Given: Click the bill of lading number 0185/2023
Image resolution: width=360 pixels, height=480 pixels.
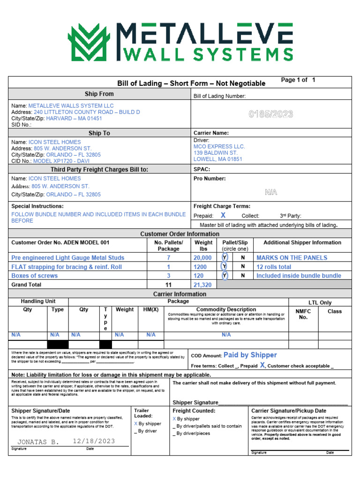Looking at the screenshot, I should click(x=271, y=114).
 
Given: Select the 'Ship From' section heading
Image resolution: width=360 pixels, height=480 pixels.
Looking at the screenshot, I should click(x=99, y=94).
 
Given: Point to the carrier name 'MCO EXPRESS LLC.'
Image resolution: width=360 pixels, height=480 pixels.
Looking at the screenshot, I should click(x=219, y=146).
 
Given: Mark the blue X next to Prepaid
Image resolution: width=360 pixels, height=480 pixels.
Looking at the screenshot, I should click(x=223, y=216).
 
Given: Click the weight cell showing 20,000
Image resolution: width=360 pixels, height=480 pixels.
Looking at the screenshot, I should click(x=202, y=258).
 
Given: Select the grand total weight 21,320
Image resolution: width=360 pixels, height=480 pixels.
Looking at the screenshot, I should click(x=202, y=285).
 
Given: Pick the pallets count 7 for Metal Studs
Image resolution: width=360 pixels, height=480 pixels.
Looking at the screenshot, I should click(x=168, y=258).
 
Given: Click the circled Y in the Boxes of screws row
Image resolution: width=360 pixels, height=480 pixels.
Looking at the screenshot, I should click(x=225, y=276).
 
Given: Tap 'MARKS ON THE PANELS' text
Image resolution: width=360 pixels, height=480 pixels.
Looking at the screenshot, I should click(x=292, y=258).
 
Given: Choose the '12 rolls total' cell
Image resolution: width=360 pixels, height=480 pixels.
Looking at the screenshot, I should click(x=274, y=267).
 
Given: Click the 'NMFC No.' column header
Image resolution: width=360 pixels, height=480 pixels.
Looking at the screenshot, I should click(x=303, y=314).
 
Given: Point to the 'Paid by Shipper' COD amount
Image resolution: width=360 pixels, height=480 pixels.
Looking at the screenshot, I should click(x=250, y=355).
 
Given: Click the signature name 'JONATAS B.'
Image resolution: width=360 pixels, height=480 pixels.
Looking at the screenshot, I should click(x=38, y=442).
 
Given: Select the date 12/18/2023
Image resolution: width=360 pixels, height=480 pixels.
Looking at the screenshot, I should click(x=94, y=442).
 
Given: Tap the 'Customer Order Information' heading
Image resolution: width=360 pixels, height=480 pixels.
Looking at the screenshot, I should click(x=180, y=234).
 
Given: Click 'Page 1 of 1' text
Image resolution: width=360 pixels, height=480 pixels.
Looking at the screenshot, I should click(x=298, y=80).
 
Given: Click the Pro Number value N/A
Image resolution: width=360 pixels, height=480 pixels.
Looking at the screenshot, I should click(x=271, y=192).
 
